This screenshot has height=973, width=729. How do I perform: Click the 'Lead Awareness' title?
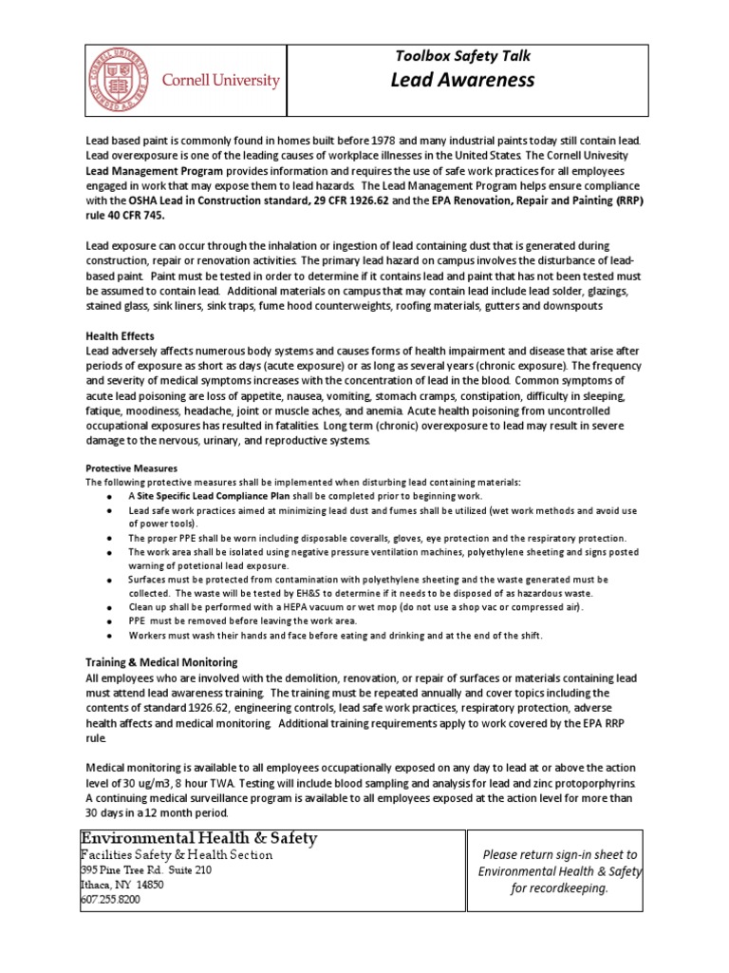(462, 80)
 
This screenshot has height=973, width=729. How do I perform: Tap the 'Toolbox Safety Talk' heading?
(462, 56)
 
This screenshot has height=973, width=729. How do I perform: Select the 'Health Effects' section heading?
(120, 336)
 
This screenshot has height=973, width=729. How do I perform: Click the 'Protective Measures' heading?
(131, 467)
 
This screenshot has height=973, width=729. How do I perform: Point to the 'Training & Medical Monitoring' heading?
(161, 661)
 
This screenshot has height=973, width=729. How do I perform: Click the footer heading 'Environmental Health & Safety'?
(199, 837)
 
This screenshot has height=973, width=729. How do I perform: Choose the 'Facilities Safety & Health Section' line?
(178, 854)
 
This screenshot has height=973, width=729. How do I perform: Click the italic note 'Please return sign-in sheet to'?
(559, 855)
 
